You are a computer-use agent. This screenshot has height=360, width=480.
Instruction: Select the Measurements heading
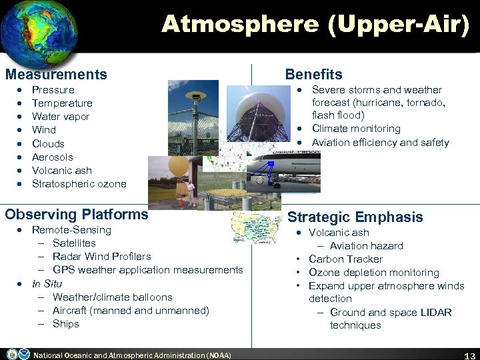[56, 75]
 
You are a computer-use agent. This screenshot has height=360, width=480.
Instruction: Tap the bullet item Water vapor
[61, 117]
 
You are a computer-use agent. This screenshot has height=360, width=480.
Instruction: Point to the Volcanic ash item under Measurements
[62, 171]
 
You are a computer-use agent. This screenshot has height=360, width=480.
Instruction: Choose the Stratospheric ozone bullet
[79, 184]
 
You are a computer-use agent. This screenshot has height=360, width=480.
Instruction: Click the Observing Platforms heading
[77, 215]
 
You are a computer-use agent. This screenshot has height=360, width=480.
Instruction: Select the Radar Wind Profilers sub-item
[101, 257]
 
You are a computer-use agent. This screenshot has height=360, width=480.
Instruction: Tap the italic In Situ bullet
[47, 283]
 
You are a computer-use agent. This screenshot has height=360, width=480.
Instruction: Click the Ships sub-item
[65, 324]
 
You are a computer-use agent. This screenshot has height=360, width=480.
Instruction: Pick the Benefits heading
[313, 75]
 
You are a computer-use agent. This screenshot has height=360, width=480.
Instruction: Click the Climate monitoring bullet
[356, 129]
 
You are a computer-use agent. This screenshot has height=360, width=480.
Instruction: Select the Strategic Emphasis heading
[355, 217]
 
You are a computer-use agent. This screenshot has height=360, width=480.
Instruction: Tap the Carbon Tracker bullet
[345, 259]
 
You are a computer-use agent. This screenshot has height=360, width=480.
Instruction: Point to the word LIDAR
[436, 312]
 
